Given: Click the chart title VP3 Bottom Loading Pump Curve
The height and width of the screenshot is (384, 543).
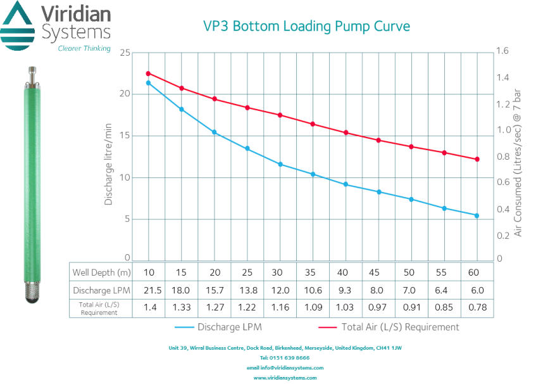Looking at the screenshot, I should (x=306, y=26).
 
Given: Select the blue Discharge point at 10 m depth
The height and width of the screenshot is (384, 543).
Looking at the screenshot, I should (x=149, y=83).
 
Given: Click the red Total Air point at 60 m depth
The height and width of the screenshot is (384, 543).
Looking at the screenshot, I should (x=477, y=159).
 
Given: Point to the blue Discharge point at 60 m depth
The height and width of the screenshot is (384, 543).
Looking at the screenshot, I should (x=477, y=215).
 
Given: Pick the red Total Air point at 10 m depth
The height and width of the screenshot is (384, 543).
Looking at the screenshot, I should (x=149, y=74).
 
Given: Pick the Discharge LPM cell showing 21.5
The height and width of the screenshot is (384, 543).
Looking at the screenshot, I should (x=149, y=290).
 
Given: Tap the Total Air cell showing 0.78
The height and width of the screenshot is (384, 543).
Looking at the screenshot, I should (x=477, y=308).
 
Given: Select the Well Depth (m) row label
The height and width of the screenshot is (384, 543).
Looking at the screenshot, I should (x=101, y=272).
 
